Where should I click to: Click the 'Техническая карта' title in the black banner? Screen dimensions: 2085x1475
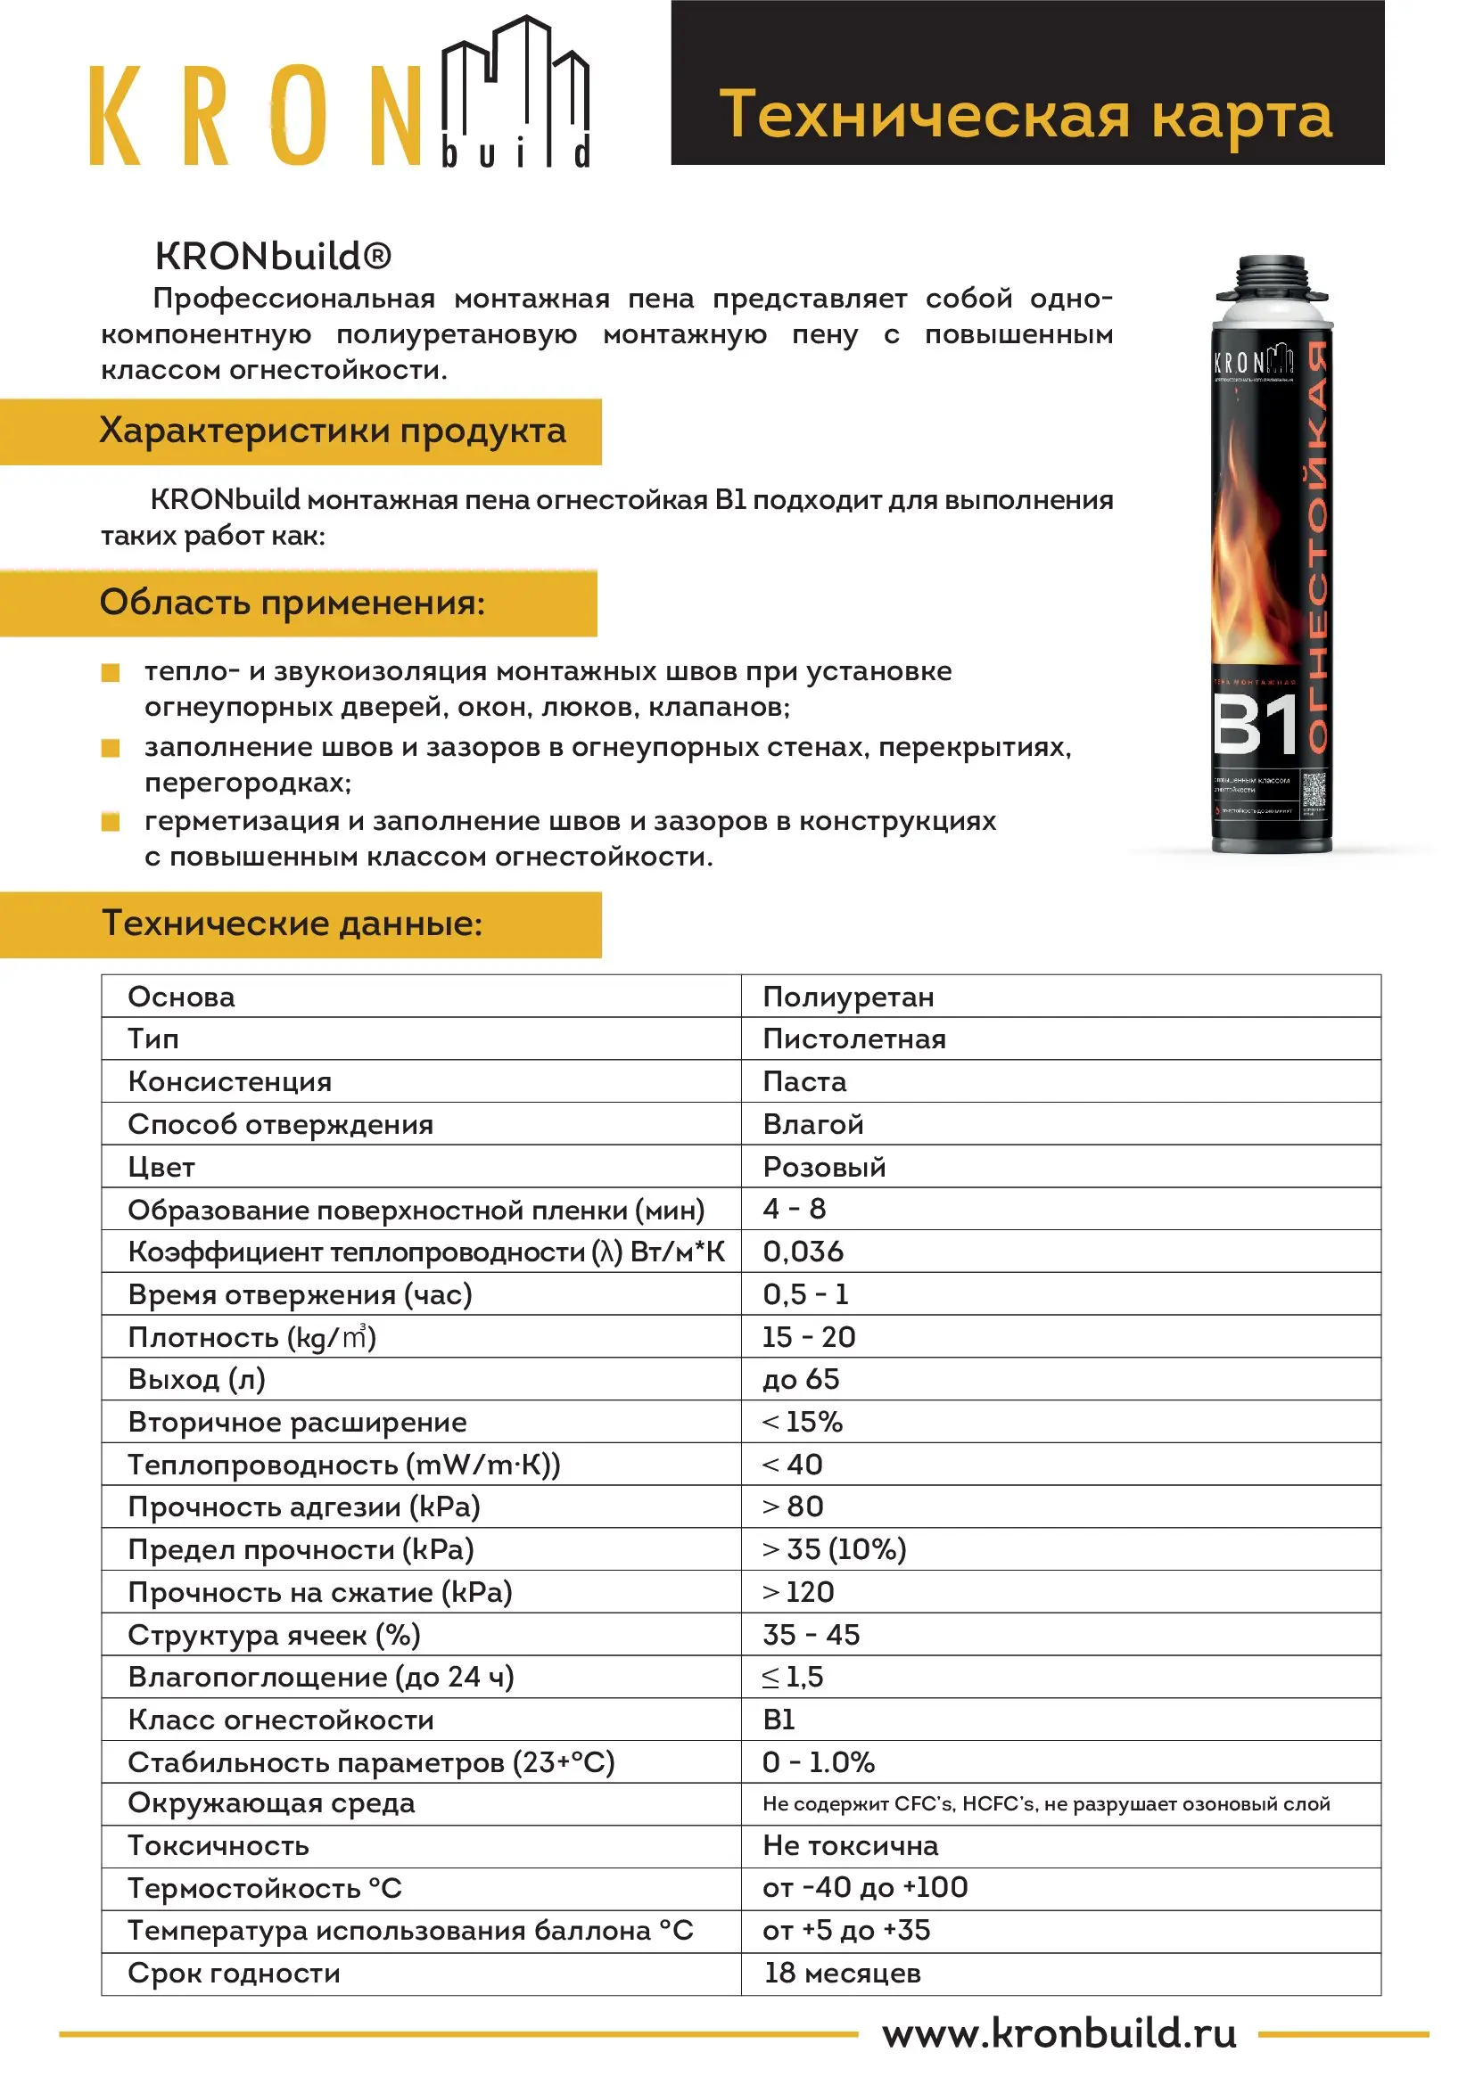(x=1026, y=114)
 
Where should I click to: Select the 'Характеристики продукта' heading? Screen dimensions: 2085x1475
(x=332, y=431)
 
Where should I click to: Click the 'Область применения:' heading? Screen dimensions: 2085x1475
(x=292, y=602)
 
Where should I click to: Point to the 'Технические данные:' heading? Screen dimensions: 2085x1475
(x=292, y=923)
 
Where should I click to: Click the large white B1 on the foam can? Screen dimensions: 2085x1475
(x=1257, y=725)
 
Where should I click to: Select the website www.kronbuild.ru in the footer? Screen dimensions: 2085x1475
(x=1059, y=2033)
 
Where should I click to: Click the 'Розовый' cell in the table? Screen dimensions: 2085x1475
(x=824, y=1167)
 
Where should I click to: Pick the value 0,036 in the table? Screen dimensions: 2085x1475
(x=803, y=1252)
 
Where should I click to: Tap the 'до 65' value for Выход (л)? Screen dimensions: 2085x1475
(x=801, y=1379)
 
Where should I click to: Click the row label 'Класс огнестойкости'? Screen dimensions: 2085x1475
(x=281, y=1720)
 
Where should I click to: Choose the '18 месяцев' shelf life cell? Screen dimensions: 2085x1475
(x=842, y=1974)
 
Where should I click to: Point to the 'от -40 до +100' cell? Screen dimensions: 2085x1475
(x=865, y=1888)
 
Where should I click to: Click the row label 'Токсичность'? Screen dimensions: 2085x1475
(x=218, y=1846)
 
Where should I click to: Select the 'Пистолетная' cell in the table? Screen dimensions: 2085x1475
(x=853, y=1038)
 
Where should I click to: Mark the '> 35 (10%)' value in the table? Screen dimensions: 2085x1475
(x=834, y=1549)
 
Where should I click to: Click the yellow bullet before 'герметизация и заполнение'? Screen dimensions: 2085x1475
(x=111, y=823)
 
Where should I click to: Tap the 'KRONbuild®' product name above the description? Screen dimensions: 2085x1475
(x=274, y=257)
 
